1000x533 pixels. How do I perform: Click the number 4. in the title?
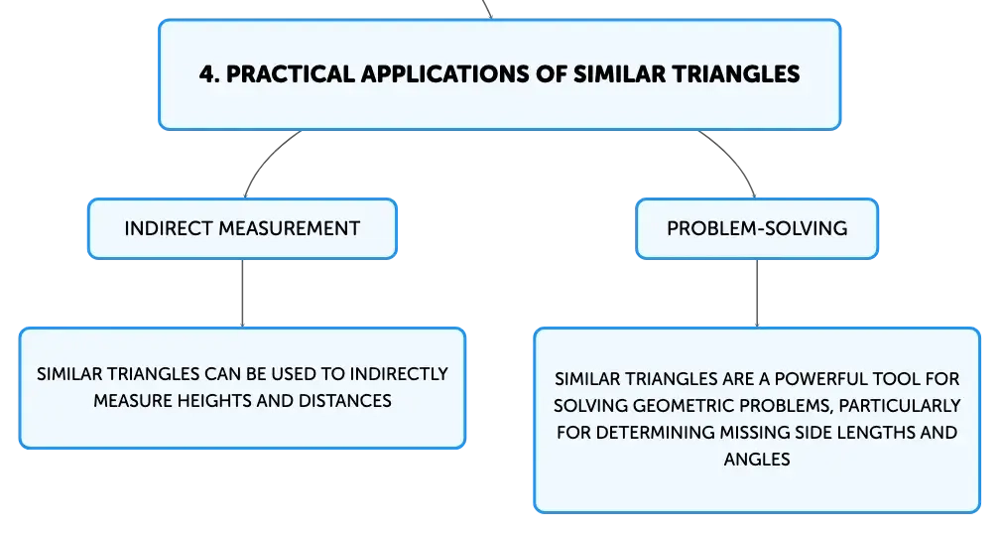[209, 74]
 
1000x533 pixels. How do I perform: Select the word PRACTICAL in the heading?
[290, 74]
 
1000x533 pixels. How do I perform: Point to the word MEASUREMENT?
[288, 228]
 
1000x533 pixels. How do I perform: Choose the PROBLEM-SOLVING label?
[757, 228]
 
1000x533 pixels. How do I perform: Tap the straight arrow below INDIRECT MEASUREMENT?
[242, 294]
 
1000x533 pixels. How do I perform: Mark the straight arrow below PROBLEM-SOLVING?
[757, 294]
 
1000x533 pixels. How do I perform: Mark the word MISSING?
[751, 433]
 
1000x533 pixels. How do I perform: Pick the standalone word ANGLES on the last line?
[757, 460]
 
